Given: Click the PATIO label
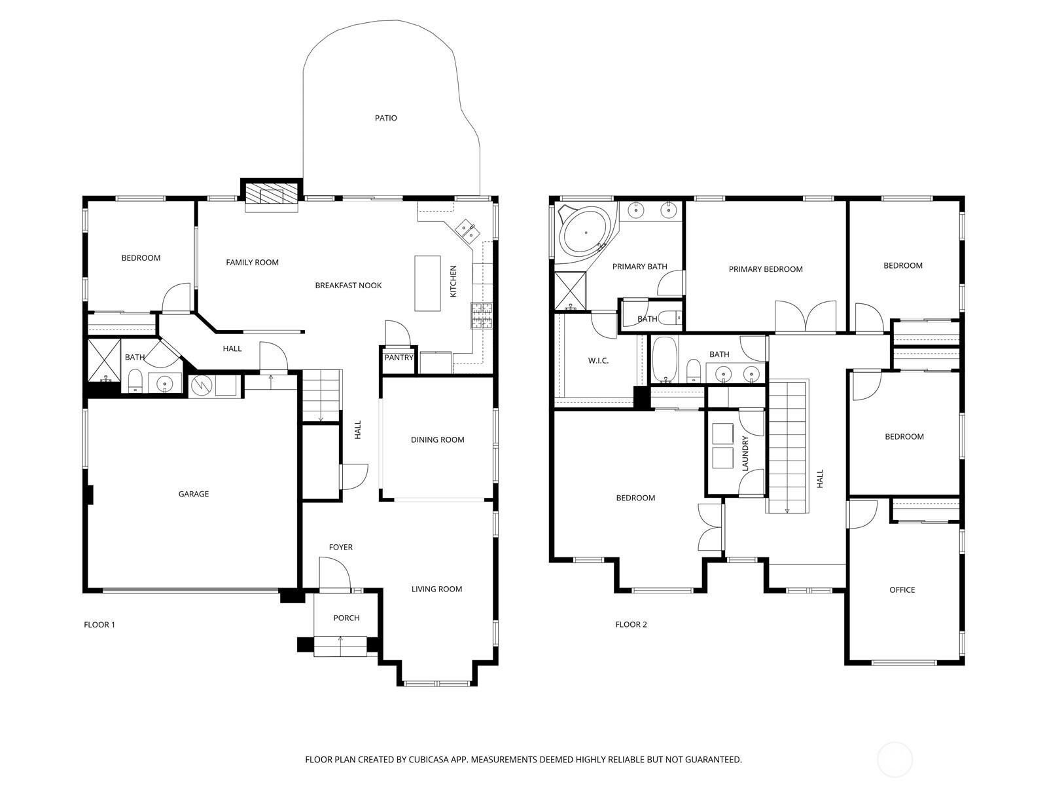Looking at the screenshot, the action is click(x=385, y=118).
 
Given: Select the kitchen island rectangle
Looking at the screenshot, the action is click(x=427, y=284).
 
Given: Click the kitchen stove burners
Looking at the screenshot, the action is click(x=481, y=316).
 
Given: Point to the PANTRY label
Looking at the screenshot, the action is click(x=399, y=358).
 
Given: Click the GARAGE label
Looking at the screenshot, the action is click(x=193, y=494).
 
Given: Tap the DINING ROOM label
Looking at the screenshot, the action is click(x=437, y=440).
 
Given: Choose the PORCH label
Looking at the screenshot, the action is click(x=346, y=618).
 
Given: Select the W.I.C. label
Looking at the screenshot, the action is click(x=598, y=360).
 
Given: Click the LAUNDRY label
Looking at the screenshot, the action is click(x=745, y=453).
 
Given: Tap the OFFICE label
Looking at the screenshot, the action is click(x=902, y=590).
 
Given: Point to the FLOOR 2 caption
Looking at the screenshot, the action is click(x=631, y=624).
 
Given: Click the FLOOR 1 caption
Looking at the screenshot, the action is click(x=99, y=625).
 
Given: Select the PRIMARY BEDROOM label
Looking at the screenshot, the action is click(x=765, y=269).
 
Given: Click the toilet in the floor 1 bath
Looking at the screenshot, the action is click(x=135, y=381).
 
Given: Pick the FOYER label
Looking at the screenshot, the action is click(x=340, y=547).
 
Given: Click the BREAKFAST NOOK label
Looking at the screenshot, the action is click(x=348, y=286).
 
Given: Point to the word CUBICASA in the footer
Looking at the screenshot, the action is click(x=429, y=759).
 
